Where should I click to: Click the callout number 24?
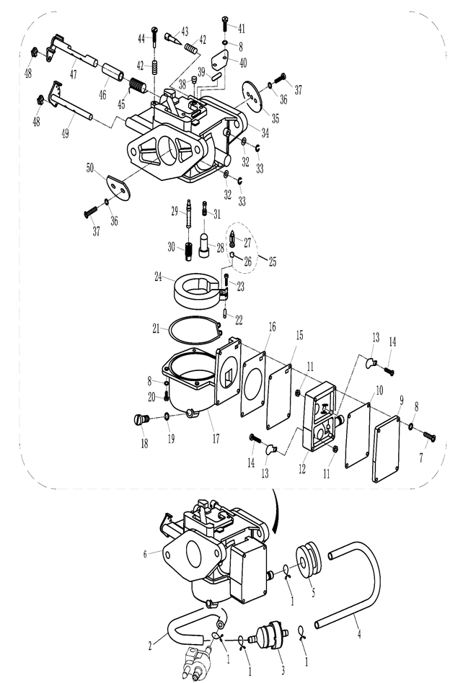coord(158,276)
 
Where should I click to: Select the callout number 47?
coord(74,74)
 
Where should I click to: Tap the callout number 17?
coord(216,438)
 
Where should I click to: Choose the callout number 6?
coord(145,554)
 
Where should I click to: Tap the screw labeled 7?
coord(429,436)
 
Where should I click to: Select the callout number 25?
coord(273,262)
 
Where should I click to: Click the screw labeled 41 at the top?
coord(225,22)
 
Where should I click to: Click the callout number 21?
coord(156,329)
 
